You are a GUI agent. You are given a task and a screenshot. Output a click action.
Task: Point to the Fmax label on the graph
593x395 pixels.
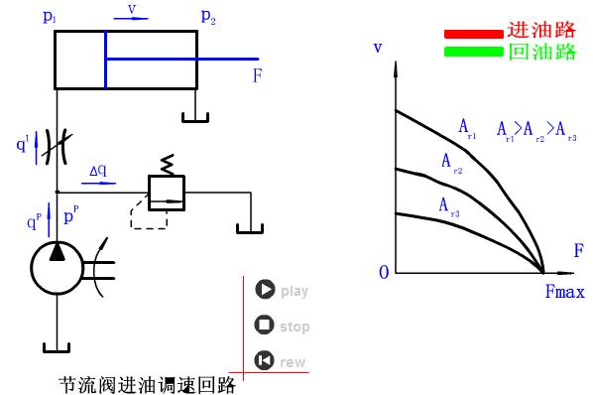(x=564, y=292)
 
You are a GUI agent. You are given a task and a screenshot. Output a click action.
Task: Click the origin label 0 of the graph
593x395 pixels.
(x=384, y=273)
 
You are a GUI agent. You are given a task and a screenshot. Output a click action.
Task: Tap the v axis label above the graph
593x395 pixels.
(x=378, y=48)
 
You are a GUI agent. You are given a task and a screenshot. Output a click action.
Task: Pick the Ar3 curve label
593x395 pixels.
(x=448, y=205)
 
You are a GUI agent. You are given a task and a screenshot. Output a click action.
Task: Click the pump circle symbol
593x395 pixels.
(x=58, y=266)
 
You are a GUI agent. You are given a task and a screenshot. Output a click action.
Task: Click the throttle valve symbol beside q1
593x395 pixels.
(x=57, y=145)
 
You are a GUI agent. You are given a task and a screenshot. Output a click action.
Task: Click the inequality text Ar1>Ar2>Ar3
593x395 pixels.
(x=536, y=129)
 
